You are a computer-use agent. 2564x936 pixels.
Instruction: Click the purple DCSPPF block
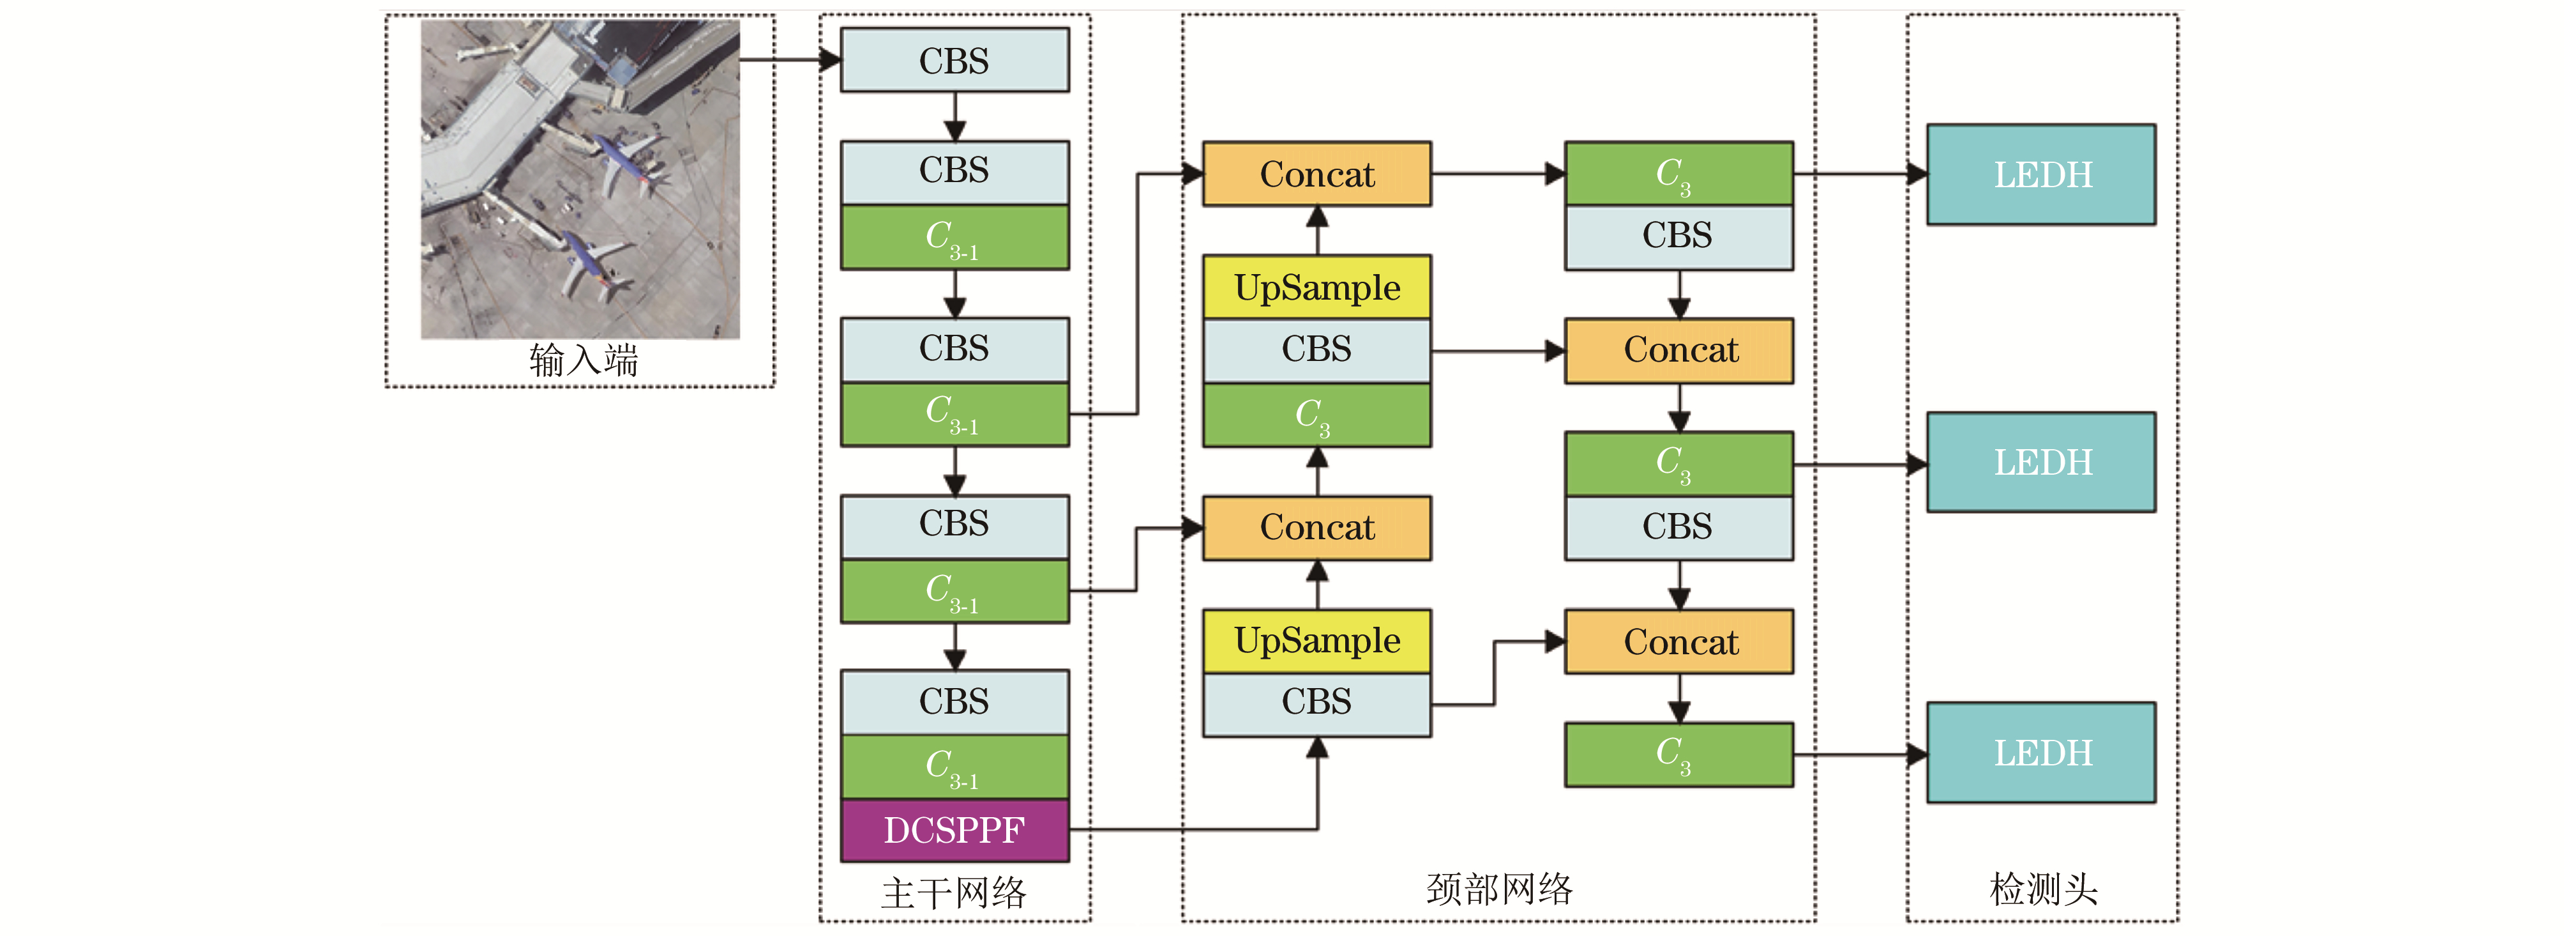954,829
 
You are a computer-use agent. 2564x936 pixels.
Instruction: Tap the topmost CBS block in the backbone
954,61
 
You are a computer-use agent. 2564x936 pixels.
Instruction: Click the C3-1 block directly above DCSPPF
954,767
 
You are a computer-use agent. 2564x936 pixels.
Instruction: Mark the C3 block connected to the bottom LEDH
1678,754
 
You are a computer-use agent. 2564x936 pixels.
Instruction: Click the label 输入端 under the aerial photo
584,360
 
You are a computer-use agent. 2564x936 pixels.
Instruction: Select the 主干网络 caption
954,892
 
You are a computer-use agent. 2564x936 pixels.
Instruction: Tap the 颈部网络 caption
1499,888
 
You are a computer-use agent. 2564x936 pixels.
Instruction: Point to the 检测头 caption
2042,888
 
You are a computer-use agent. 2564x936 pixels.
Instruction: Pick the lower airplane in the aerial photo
589,264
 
